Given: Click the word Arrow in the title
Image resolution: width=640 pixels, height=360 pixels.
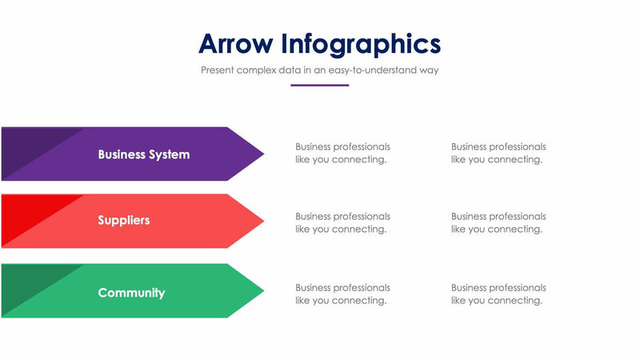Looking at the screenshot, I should [x=236, y=43].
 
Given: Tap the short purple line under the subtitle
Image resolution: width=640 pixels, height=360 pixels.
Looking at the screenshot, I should [x=319, y=85].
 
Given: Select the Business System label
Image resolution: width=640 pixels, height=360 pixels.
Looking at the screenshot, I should [x=144, y=154].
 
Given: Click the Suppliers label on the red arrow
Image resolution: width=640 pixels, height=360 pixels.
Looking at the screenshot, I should [x=124, y=220].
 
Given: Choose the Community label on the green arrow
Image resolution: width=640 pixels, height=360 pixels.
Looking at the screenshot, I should [x=131, y=293].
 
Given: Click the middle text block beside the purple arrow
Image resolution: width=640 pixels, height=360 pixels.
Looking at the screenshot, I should [x=342, y=153].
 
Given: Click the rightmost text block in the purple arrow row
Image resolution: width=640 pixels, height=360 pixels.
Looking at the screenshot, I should [x=498, y=153].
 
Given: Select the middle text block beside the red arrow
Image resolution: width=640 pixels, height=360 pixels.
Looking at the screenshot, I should [x=342, y=222].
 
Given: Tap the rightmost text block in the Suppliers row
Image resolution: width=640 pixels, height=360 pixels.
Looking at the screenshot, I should [x=498, y=222].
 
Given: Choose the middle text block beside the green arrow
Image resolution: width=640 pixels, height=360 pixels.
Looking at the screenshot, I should [x=342, y=294].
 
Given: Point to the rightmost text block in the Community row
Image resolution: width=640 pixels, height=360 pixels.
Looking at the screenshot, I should [x=498, y=294].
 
